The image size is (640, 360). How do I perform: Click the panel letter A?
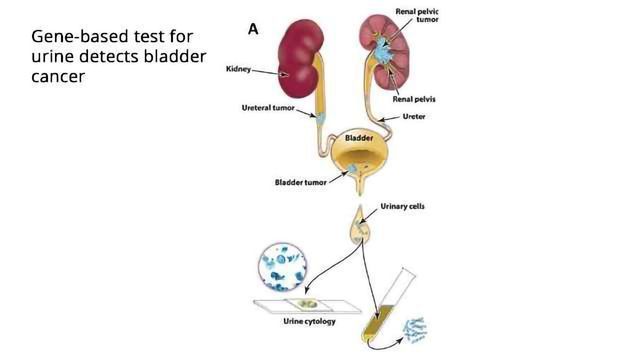tap(254, 29)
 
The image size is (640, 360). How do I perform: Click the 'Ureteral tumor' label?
tap(268, 109)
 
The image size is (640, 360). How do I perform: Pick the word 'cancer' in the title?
tap(59, 77)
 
